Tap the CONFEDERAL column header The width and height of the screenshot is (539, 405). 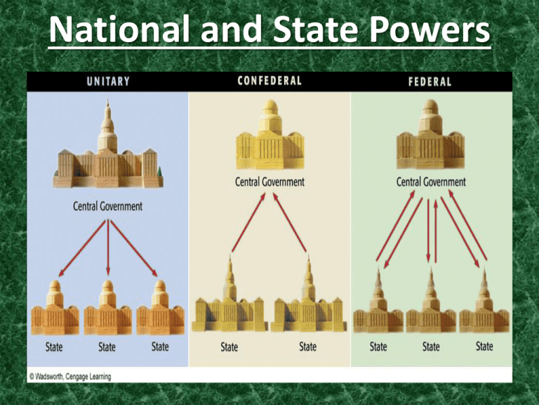[x=269, y=80]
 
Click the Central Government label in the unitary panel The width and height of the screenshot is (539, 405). [x=107, y=207]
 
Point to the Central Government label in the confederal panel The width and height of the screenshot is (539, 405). [x=269, y=181]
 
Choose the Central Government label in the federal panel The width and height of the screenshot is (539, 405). [x=431, y=181]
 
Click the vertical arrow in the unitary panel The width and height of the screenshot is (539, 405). [x=107, y=247]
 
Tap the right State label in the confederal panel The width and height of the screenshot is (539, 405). [x=307, y=347]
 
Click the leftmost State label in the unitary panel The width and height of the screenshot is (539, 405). [x=53, y=347]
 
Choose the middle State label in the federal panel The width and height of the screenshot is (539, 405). [x=431, y=347]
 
